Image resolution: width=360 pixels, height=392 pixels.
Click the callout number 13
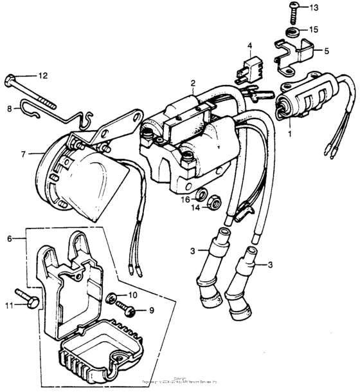(x=332, y=8)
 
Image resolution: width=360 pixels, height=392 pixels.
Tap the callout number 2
(x=192, y=83)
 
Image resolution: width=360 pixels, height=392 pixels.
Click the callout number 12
(x=43, y=76)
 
